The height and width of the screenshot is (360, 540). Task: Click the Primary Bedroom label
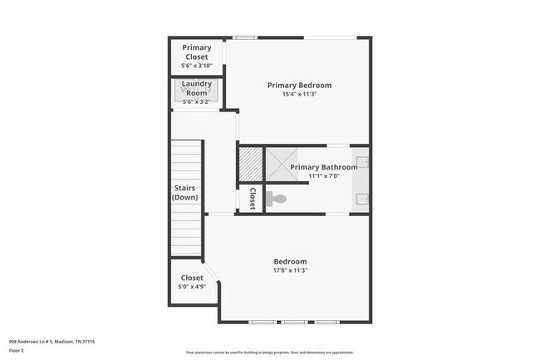299,85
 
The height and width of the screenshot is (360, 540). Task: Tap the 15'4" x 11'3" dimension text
299,95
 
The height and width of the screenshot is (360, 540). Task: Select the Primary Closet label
197,52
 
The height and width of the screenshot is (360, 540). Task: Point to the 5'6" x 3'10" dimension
197,66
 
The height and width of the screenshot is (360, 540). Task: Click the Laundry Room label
197,88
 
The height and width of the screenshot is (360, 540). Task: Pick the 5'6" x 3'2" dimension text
197,102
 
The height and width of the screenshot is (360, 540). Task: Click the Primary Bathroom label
323,167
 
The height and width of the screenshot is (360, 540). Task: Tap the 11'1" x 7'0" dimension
323,176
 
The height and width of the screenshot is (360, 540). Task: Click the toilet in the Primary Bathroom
277,199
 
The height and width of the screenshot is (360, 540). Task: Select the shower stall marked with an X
280,165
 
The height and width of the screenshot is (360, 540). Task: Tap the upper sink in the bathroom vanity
363,161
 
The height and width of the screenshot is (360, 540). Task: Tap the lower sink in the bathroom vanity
363,199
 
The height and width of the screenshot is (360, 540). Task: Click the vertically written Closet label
252,199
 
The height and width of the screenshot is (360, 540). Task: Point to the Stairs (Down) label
184,193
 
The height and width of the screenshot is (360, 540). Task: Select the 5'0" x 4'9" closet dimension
192,288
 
